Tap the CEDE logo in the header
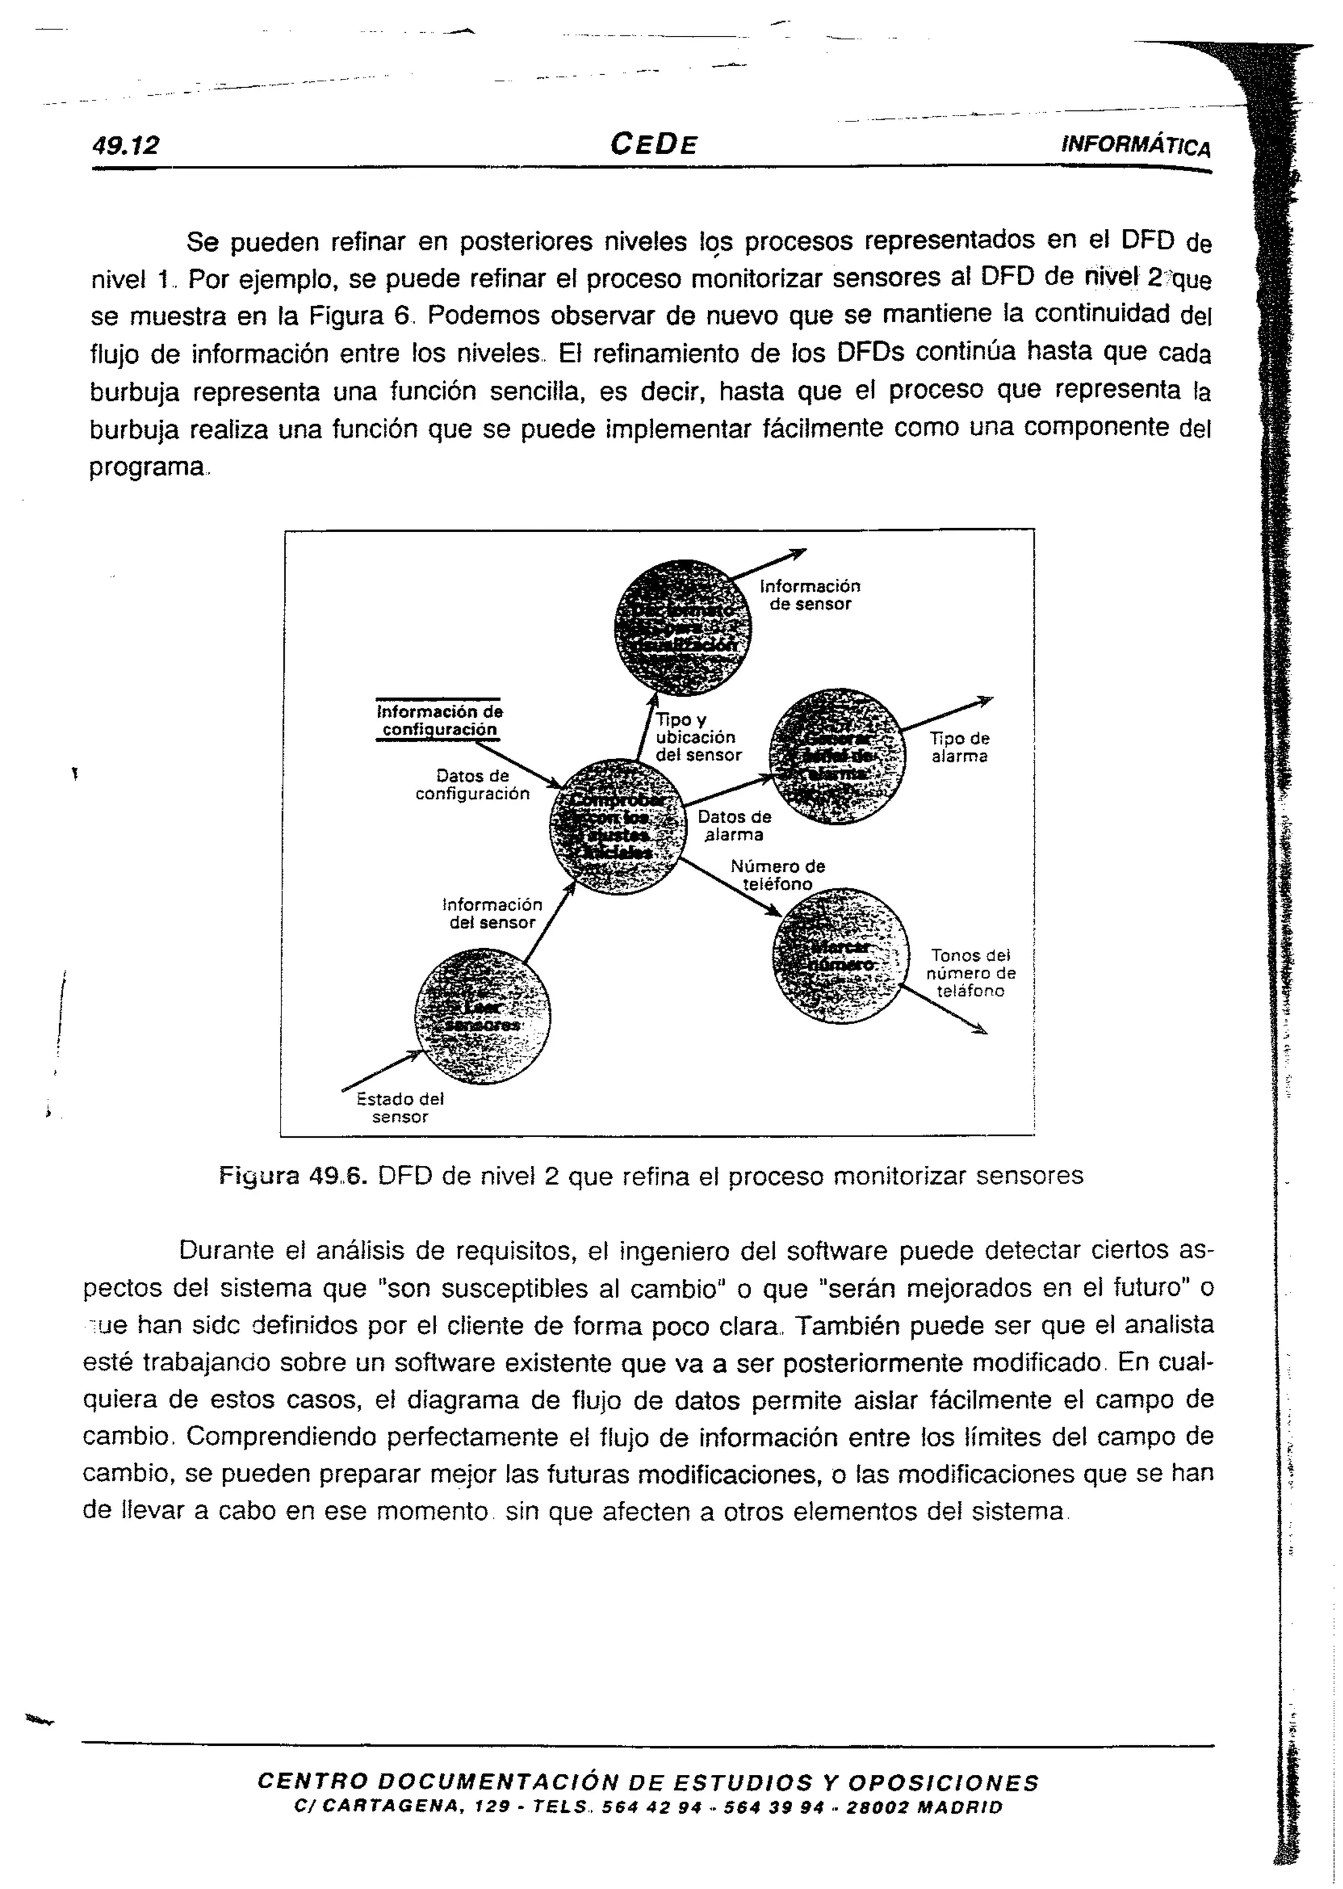tap(653, 145)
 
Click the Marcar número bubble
tap(839, 956)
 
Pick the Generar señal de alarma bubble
tap(837, 757)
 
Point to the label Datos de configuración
tap(472, 784)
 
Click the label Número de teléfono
tap(777, 875)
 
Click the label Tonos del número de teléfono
tap(971, 973)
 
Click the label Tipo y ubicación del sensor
tap(697, 737)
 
